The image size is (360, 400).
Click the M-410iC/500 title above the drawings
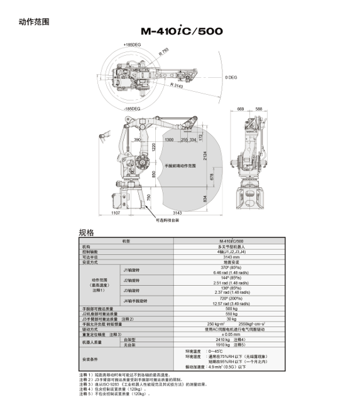click(181, 31)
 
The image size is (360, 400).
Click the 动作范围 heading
click(35, 22)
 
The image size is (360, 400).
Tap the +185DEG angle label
click(132, 45)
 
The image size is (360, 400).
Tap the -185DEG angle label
click(132, 109)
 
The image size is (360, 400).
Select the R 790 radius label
click(164, 53)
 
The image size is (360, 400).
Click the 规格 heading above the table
click(86, 232)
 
